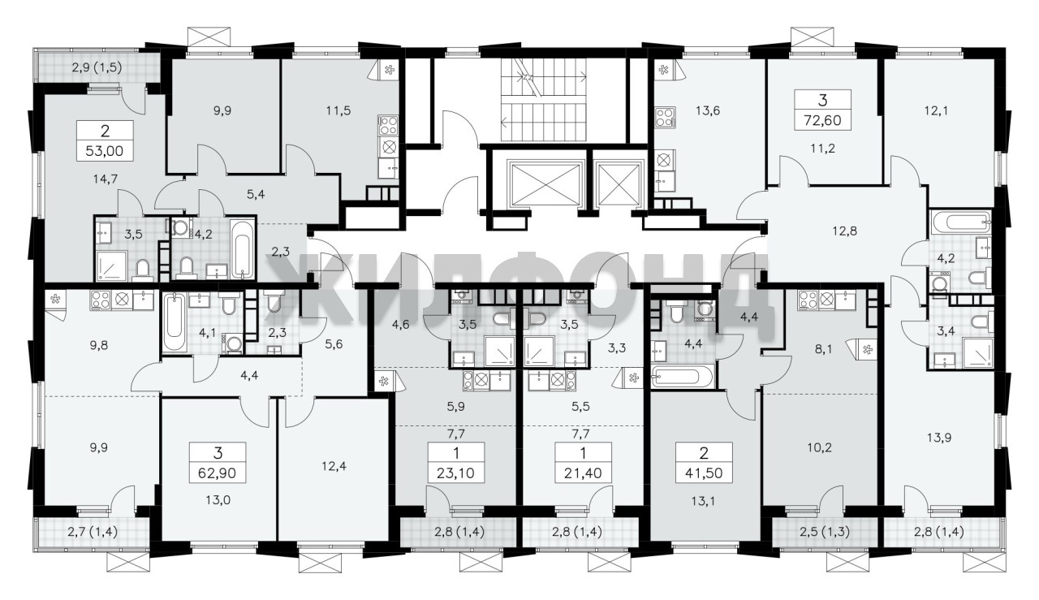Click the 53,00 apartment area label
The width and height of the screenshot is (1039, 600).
pos(105,151)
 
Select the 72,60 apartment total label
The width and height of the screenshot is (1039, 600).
pos(823,120)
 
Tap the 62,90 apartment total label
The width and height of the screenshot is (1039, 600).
pos(218,473)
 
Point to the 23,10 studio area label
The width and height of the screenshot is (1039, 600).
pos(456,473)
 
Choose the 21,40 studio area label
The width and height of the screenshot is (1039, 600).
pos(583,473)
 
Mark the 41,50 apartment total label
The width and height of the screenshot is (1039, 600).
pos(704,473)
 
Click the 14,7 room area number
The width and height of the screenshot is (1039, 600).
pos(106,179)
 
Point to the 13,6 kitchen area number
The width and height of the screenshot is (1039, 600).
pos(708,110)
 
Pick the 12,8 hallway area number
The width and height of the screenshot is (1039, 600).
pos(844,231)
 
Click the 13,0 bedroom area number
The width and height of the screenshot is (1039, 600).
pos(218,500)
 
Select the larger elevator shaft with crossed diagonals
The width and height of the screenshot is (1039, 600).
pos(545,184)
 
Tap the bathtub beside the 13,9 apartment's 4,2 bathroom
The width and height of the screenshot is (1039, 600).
pos(960,222)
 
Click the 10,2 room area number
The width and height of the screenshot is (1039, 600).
pos(820,447)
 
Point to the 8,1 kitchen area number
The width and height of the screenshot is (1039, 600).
pos(823,349)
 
